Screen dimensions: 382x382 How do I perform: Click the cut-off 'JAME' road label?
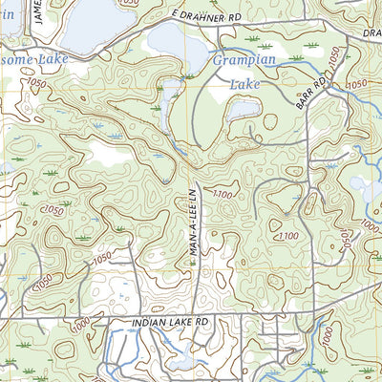point(37,12)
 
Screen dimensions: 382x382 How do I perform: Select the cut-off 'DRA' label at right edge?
point(372,32)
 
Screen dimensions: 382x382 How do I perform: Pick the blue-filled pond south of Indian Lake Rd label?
point(182,361)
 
